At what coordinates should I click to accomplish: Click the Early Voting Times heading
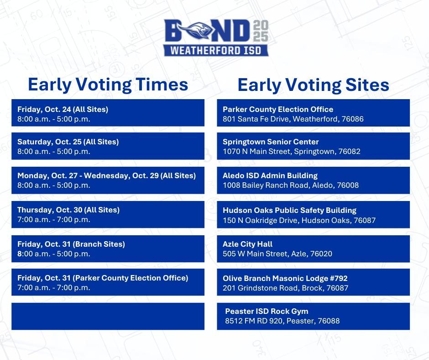(x=108, y=85)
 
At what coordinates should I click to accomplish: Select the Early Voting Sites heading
(x=313, y=85)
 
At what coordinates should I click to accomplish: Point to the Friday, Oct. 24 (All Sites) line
(x=63, y=110)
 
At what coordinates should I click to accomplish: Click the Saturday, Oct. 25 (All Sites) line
(x=68, y=142)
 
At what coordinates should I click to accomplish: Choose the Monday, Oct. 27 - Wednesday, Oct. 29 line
(x=106, y=176)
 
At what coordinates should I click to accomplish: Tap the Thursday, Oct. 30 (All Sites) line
(x=68, y=210)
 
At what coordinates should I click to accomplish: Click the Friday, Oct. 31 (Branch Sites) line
(x=71, y=244)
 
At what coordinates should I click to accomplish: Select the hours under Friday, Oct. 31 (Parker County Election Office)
(x=54, y=288)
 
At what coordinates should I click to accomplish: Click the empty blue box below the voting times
(x=108, y=316)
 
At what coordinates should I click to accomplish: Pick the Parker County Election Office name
(x=278, y=110)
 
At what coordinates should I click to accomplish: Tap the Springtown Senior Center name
(x=271, y=142)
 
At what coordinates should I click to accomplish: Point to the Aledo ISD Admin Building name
(x=270, y=176)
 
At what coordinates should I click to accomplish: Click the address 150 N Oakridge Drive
(x=299, y=220)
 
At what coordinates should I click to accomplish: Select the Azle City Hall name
(x=248, y=244)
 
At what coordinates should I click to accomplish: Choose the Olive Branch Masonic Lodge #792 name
(x=285, y=278)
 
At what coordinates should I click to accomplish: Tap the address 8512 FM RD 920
(x=282, y=321)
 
